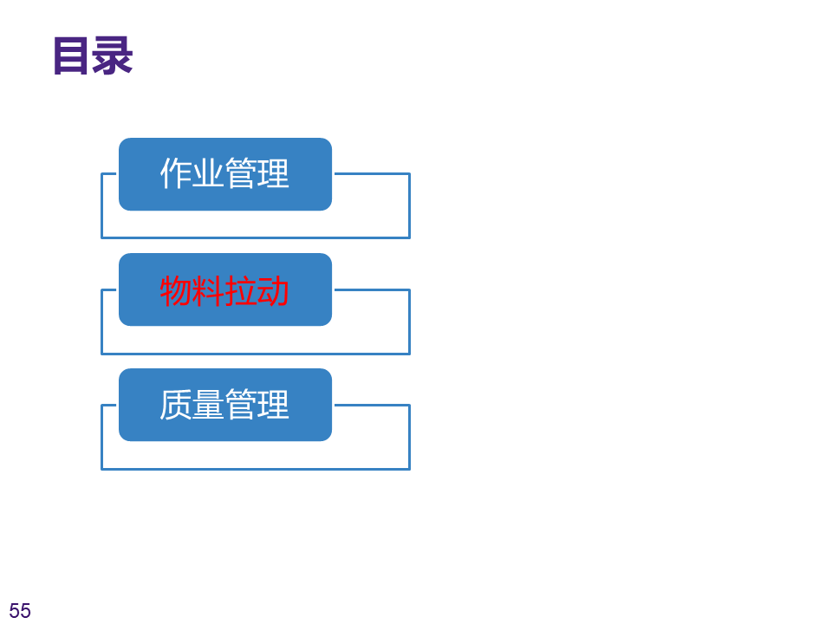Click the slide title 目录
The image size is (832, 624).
(93, 56)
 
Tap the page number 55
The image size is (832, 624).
(20, 611)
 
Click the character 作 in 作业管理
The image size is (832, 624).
(176, 174)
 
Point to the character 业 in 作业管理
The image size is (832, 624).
(208, 174)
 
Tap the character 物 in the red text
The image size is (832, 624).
(176, 290)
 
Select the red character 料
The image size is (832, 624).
(208, 290)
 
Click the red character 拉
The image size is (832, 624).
(241, 290)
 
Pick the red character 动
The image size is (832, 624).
(273, 290)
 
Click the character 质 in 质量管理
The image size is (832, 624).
(176, 406)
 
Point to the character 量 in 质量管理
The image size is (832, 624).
(208, 406)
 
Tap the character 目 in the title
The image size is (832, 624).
(72, 56)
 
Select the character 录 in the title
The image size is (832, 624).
(113, 56)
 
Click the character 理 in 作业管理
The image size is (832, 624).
(273, 174)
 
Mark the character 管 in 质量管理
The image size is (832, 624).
(241, 406)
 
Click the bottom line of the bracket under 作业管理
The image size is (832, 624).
(256, 237)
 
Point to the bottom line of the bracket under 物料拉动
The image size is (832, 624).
(256, 354)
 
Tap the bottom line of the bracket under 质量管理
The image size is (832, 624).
(256, 469)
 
